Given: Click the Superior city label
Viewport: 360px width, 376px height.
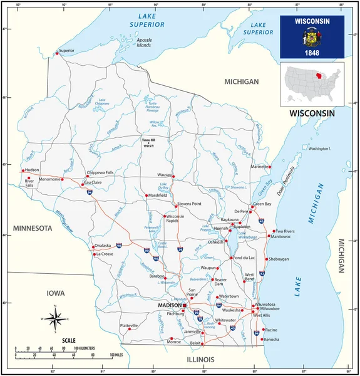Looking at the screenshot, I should click(x=66, y=50).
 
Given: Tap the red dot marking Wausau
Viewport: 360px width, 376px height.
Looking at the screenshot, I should click(x=173, y=176).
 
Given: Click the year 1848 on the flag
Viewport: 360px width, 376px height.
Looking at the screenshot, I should click(x=312, y=53).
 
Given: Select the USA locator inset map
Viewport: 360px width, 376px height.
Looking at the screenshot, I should click(x=312, y=84).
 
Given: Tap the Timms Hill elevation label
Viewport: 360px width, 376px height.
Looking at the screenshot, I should click(x=148, y=142).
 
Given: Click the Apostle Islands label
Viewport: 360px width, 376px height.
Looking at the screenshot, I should click(x=145, y=43).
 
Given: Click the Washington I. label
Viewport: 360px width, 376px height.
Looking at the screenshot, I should click(x=319, y=149).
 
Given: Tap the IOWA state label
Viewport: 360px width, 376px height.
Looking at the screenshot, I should click(x=56, y=293).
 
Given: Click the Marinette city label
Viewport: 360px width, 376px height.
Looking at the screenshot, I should click(x=260, y=167).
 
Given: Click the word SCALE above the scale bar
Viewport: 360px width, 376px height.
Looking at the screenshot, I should click(x=69, y=341).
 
